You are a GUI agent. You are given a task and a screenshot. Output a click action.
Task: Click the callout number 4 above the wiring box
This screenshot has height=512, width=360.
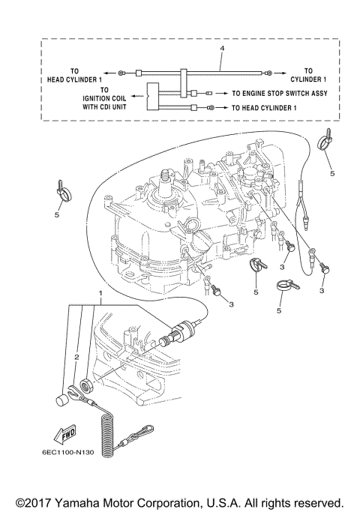223,48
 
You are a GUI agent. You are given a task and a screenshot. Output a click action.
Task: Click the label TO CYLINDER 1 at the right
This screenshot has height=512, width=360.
307,74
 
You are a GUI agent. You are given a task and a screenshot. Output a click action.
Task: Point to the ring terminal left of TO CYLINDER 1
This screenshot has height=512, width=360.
266,73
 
